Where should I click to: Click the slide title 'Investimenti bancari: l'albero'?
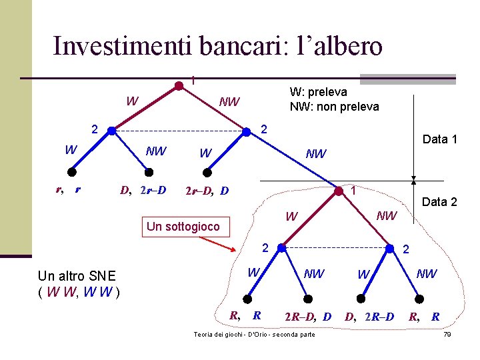point(217,46)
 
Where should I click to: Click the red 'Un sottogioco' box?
point(183,227)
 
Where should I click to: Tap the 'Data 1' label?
point(439,139)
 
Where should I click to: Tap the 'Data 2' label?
point(439,202)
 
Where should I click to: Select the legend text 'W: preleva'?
point(318,92)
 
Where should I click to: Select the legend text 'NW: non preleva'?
point(334,107)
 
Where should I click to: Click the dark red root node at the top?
point(179,85)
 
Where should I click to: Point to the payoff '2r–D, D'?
point(206,191)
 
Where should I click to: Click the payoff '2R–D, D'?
point(308,316)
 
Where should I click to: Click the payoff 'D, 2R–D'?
point(369,316)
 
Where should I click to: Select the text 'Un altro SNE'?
point(77,276)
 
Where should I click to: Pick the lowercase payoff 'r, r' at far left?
point(68,189)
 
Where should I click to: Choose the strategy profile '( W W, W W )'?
point(79,291)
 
